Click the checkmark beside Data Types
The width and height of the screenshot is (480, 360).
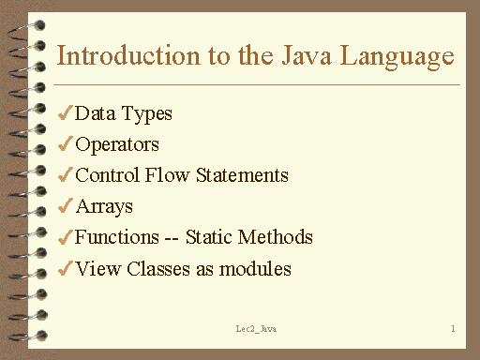(x=65, y=114)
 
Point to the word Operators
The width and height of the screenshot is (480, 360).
(x=117, y=145)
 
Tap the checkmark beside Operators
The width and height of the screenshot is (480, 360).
(x=65, y=145)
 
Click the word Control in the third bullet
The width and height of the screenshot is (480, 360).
(x=107, y=175)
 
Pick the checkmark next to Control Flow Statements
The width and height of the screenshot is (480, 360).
(x=65, y=175)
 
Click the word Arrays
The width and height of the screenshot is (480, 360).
(x=104, y=207)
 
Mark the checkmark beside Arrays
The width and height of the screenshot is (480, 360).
(x=65, y=206)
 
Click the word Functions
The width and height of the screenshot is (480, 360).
(x=116, y=238)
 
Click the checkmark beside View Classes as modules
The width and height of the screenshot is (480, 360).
(x=65, y=269)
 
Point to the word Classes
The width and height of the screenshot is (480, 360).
(x=152, y=269)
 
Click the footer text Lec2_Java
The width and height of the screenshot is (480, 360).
(x=255, y=330)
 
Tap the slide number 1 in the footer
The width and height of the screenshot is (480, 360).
(x=452, y=329)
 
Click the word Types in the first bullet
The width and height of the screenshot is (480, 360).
(x=148, y=115)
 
